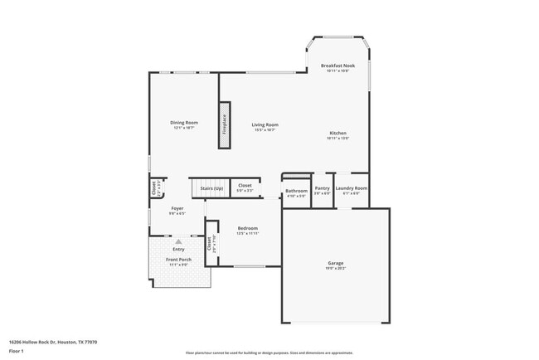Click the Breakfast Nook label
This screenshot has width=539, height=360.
(337, 66)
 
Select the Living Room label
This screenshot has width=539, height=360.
(265, 124)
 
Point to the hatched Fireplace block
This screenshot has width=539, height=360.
(224, 125)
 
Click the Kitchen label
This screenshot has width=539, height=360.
(337, 133)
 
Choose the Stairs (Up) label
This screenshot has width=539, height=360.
(211, 189)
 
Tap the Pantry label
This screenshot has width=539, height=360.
(323, 188)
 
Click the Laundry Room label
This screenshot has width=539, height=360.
(352, 188)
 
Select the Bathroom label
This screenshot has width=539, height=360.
(296, 191)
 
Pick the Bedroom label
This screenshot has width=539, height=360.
(248, 228)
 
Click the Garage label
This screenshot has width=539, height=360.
(335, 264)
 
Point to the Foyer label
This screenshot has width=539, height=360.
(177, 208)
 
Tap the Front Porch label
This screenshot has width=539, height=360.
(178, 260)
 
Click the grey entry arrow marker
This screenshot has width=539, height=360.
(177, 241)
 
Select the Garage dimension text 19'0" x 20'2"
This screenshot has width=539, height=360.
(335, 269)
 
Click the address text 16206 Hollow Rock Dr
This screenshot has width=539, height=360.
(41, 341)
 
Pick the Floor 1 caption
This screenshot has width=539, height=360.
(16, 351)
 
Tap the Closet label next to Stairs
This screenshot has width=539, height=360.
(245, 186)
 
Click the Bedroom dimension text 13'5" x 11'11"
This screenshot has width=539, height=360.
(248, 233)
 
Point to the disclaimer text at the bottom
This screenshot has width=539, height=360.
(269, 353)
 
